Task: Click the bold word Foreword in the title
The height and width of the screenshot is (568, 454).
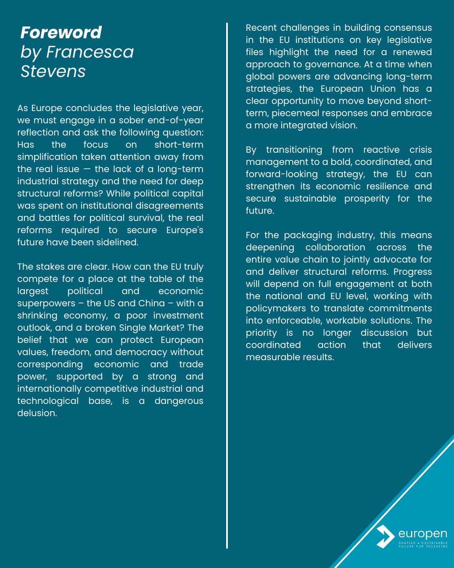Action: point(61,32)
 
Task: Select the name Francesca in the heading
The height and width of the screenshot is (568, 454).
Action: point(90,52)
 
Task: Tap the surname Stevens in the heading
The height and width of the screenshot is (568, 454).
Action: point(53,72)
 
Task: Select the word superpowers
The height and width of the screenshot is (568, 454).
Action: point(46,303)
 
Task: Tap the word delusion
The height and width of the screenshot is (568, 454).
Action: point(37,413)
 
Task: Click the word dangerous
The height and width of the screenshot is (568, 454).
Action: point(179,401)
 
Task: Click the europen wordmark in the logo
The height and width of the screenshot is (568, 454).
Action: point(422,533)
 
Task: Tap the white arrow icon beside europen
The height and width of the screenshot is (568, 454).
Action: point(384,536)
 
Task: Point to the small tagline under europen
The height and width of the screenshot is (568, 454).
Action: point(423,544)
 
